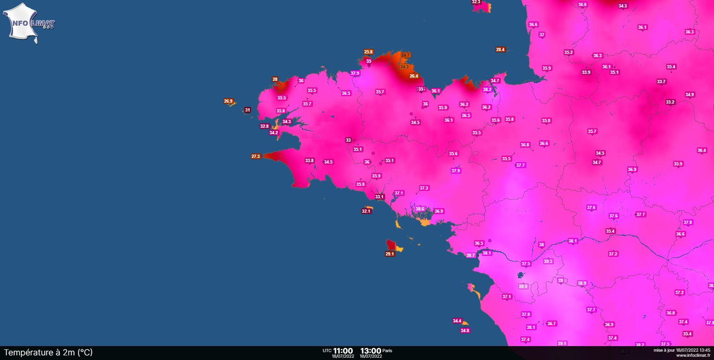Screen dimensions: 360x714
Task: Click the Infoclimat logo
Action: pyautogui.click(x=29, y=23)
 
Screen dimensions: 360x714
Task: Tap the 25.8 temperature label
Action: pyautogui.click(x=368, y=52)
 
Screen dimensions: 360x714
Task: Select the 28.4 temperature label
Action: pyautogui.click(x=500, y=49)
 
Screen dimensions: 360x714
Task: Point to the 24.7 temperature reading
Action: pyautogui.click(x=405, y=55)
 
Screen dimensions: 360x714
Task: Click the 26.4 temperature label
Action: pyautogui.click(x=414, y=76)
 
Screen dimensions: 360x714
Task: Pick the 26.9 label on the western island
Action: pyautogui.click(x=228, y=101)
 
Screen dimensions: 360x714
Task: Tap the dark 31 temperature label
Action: pyautogui.click(x=247, y=110)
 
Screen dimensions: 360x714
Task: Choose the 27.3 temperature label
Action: pyautogui.click(x=255, y=157)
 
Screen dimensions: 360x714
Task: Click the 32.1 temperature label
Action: pyautogui.click(x=366, y=211)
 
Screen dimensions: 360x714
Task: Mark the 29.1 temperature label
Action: pyautogui.click(x=389, y=254)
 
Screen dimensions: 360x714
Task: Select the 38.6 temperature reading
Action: pyautogui.click(x=420, y=209)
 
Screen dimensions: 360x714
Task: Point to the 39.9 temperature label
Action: pyautogui.click(x=523, y=286)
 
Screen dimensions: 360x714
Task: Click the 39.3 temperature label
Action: pyautogui.click(x=548, y=262)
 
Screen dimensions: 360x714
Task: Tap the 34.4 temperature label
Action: pyautogui.click(x=457, y=321)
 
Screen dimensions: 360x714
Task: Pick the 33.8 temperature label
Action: pyautogui.click(x=309, y=161)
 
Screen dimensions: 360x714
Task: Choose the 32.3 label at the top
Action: pyautogui.click(x=476, y=2)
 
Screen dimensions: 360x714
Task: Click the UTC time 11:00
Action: pyautogui.click(x=343, y=351)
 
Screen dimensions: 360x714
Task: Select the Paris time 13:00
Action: pyautogui.click(x=370, y=351)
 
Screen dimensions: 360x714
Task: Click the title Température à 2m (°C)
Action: pyautogui.click(x=48, y=353)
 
